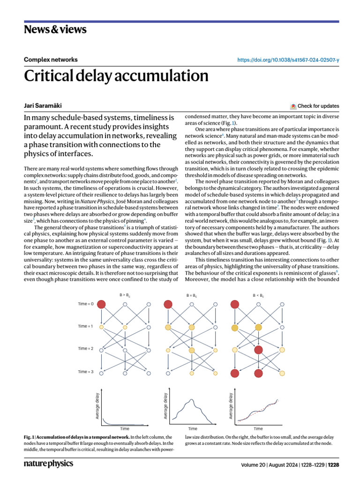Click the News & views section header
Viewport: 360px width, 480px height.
click(55, 30)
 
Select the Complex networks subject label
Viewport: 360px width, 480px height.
click(51, 60)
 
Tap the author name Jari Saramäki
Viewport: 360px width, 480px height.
click(44, 106)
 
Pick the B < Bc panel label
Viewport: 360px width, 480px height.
click(258, 295)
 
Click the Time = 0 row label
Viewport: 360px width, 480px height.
click(85, 304)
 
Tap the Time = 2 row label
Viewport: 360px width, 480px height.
click(85, 349)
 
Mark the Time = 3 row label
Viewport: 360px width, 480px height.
click(85, 372)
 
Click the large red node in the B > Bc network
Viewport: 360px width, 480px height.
click(102, 304)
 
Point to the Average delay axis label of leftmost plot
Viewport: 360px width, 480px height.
click(97, 406)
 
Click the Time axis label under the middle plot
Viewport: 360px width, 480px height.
click(193, 428)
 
